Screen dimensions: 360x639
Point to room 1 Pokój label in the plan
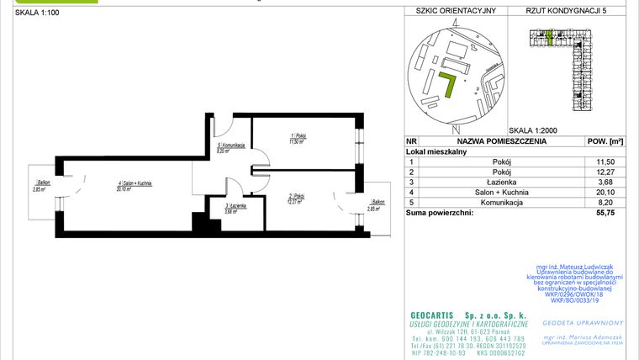click(295, 138)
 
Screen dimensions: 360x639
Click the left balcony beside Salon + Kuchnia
click(39, 187)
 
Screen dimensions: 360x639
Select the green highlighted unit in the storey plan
click(548, 36)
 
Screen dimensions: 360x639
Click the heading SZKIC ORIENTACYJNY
click(451, 11)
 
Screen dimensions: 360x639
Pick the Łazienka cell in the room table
click(508, 182)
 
